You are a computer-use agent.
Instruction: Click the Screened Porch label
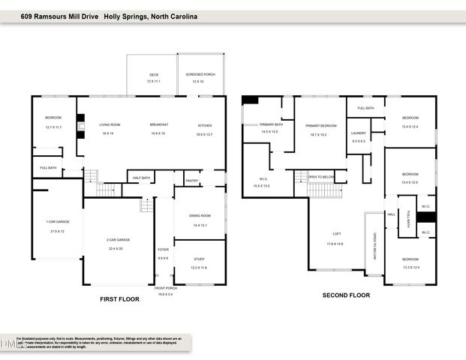200,74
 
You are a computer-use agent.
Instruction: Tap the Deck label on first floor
154,74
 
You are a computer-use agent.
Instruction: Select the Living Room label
110,124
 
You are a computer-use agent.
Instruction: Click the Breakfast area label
158,124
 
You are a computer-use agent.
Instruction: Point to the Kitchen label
205,124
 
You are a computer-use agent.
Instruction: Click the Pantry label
192,180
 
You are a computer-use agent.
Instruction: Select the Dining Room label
200,215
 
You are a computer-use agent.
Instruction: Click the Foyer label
163,249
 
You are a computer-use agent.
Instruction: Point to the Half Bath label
141,178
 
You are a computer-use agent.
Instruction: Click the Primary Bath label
270,124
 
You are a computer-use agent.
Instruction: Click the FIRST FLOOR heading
121,298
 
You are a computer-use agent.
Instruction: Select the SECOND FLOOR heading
346,295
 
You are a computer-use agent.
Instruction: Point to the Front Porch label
165,288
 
